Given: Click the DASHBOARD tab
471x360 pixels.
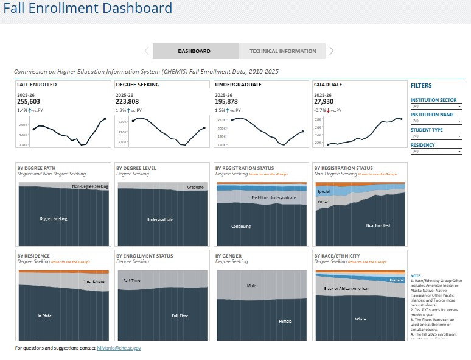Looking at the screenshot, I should tap(194, 51).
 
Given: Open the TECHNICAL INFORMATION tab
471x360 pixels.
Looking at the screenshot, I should tap(282, 51).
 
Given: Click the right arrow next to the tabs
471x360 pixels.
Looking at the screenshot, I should tap(332, 51).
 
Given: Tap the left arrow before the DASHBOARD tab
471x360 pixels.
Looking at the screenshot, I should tap(147, 51).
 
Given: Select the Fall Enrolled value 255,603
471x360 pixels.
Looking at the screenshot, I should tap(29, 102).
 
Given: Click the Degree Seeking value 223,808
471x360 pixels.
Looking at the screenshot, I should tap(127, 102).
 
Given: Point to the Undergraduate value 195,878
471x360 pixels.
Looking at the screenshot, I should tap(226, 102).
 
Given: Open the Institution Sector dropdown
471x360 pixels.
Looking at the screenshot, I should tap(436, 106).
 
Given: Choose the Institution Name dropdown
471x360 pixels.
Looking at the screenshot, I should tap(436, 121).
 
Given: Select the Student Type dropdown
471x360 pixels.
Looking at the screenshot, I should tap(436, 136).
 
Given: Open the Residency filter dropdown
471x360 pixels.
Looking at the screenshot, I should tap(436, 151).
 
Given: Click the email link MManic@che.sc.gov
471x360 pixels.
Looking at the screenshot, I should tap(119, 348).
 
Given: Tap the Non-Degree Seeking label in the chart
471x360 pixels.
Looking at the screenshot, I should tap(90, 186).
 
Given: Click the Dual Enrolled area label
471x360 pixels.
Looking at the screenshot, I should tap(378, 225).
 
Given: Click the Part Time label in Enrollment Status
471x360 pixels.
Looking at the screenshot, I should tap(132, 280).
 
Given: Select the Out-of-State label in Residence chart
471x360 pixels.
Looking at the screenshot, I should tap(94, 282).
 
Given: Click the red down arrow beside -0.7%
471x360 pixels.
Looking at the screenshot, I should tap(329, 110).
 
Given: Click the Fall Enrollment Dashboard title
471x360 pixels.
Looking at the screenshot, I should tap(88, 9).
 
